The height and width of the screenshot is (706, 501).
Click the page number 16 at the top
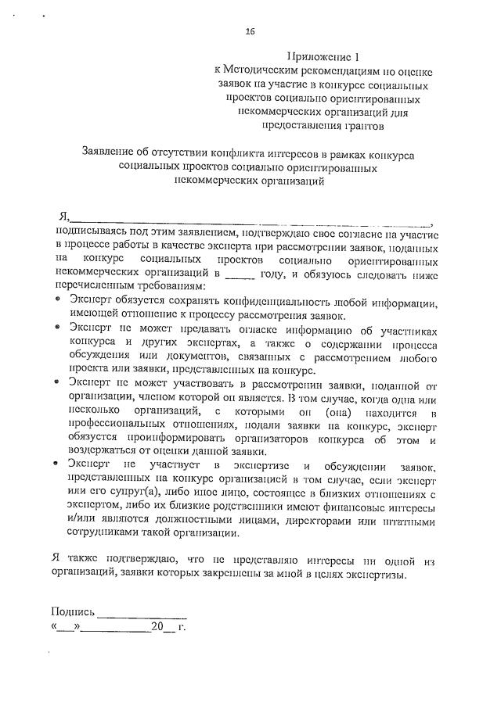tap(250, 31)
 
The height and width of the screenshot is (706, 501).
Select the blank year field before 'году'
tap(240, 275)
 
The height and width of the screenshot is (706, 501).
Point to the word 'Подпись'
tap(73, 611)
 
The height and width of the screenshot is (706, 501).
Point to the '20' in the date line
tap(157, 626)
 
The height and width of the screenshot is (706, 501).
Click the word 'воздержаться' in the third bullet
tap(106, 451)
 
